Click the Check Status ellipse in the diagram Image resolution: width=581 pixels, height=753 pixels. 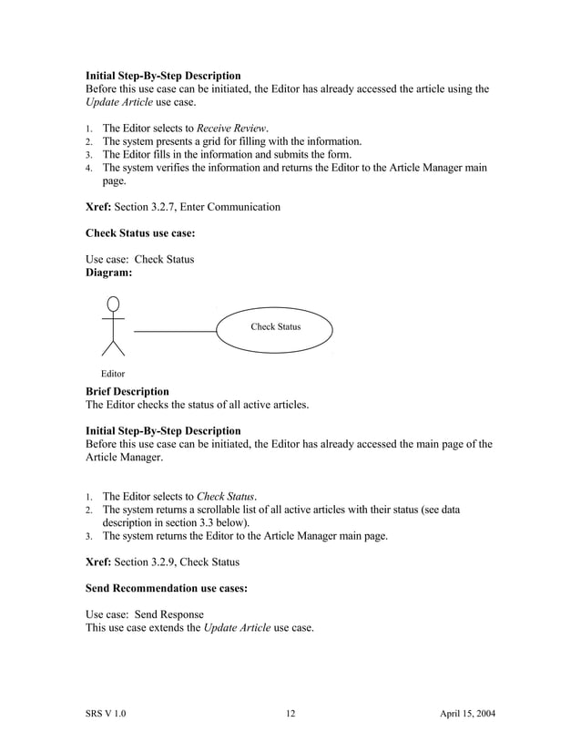pos(275,327)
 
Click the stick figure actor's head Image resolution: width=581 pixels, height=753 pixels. pos(113,304)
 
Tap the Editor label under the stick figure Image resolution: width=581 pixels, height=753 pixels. pos(113,374)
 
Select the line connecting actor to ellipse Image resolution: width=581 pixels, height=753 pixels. pos(175,329)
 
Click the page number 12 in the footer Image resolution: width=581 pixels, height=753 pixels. pos(290,713)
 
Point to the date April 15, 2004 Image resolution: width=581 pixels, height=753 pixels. pos(462,713)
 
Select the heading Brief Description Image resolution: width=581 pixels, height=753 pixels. pos(127,390)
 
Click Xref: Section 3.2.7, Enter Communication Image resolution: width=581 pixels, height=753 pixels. pos(182,207)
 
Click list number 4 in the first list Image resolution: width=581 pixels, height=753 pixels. pos(88,169)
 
